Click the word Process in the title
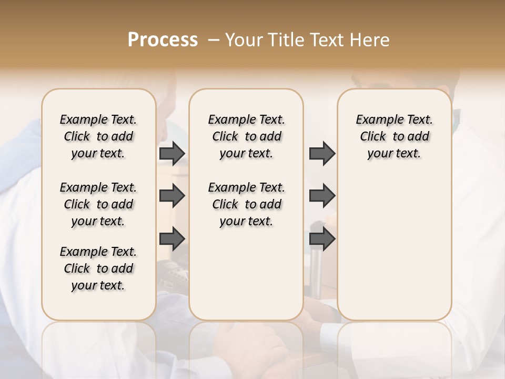[x=163, y=39]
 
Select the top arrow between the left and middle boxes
[x=172, y=153]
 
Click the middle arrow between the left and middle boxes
[x=172, y=196]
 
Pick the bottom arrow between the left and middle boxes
[x=172, y=238]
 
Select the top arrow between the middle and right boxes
[x=322, y=153]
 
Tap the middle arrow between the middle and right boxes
[x=322, y=196]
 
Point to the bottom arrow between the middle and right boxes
[x=322, y=238]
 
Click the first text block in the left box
[x=98, y=136]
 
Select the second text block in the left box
[x=98, y=204]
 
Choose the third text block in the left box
[x=98, y=268]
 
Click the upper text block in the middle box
[x=246, y=136]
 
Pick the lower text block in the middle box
[x=246, y=204]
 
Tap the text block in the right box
[x=394, y=136]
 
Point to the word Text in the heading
[x=327, y=39]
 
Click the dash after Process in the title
[x=214, y=39]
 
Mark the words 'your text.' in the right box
[x=394, y=153]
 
